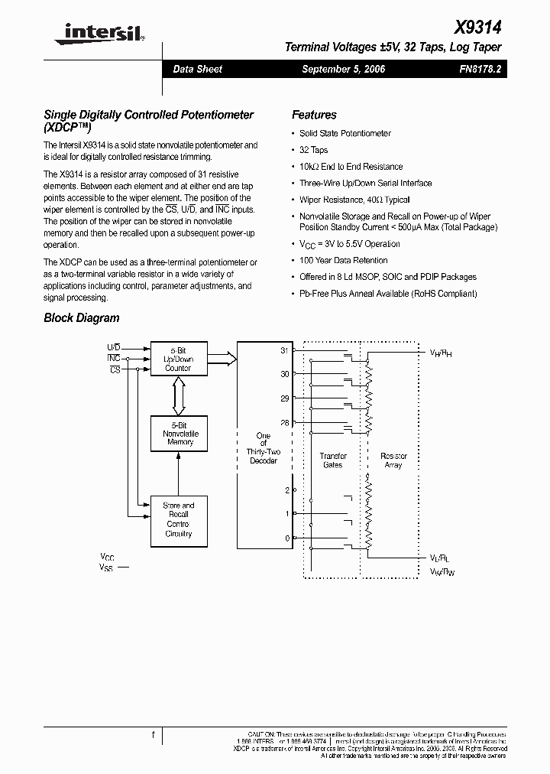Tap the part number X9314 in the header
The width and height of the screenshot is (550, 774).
[478, 28]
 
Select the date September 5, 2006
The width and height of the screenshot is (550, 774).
[343, 69]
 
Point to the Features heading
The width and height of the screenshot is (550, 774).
[314, 115]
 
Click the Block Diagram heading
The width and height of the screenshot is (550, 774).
[82, 318]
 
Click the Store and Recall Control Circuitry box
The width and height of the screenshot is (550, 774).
[178, 519]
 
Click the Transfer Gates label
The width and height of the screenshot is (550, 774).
[332, 460]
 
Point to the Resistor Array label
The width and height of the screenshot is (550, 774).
[393, 460]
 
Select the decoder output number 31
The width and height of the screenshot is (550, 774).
[285, 350]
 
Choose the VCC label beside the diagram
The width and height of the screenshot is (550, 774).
[108, 558]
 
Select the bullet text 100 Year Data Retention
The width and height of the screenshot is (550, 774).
[343, 261]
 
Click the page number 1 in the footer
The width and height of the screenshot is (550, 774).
[153, 735]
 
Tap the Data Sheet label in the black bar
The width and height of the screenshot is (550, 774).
[197, 69]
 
